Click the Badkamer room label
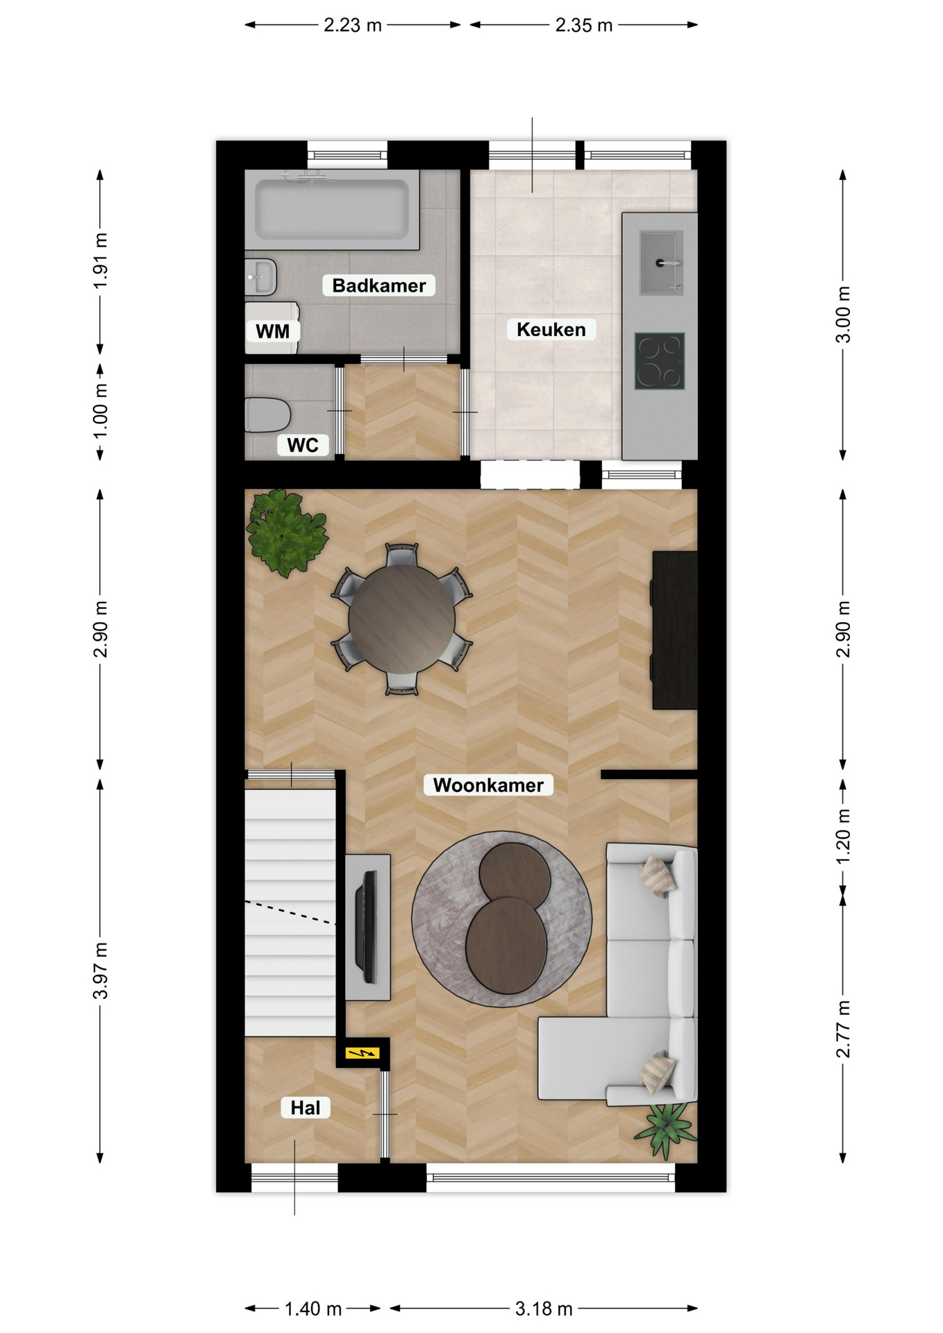point(378,285)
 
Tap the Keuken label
point(551,329)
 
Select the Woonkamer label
point(488,785)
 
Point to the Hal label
point(306,1107)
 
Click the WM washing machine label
point(272,331)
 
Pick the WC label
point(303,445)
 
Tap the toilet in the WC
point(267,414)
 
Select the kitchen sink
point(661,262)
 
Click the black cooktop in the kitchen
point(660,361)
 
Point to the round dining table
point(402,619)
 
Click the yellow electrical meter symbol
point(362,1053)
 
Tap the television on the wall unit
point(367,927)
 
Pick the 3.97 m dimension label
point(101,971)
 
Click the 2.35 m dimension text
point(584,26)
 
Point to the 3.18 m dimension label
point(544,1309)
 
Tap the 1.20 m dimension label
point(843,837)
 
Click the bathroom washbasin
point(261,277)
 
